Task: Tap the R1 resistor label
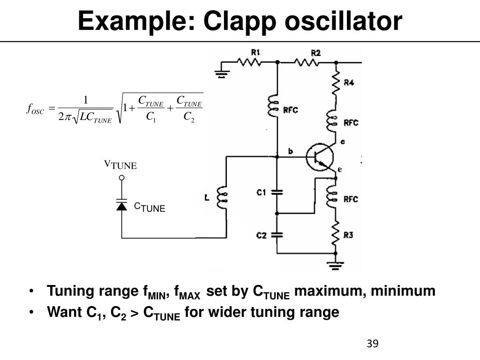pos(255,52)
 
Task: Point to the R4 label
pos(349,83)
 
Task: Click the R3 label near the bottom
pos(348,235)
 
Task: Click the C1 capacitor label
pos(262,192)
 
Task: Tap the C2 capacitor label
pos(262,235)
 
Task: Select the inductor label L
pos(207,198)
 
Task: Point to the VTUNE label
pos(120,165)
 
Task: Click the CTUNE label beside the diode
pos(150,207)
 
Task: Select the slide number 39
pos(372,344)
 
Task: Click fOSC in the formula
pos(35,110)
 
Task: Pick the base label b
pos(291,151)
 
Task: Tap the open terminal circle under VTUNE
pos(121,178)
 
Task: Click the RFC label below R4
pos(351,122)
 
